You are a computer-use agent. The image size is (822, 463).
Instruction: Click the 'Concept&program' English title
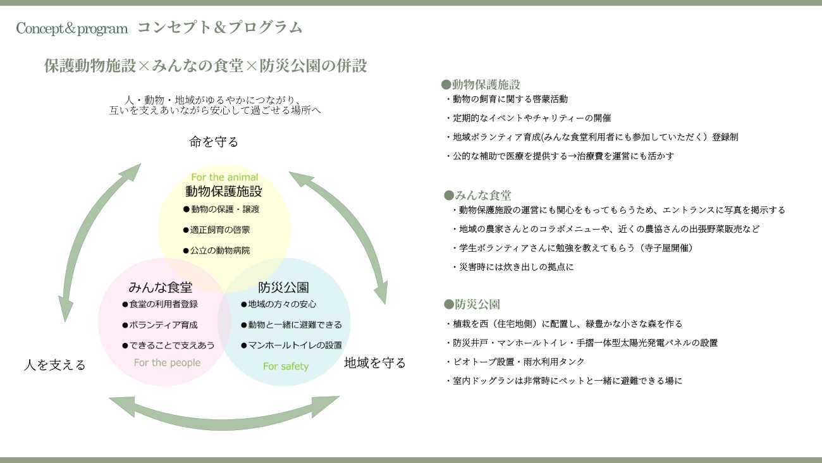(72, 28)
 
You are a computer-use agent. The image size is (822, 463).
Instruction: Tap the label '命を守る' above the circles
(214, 142)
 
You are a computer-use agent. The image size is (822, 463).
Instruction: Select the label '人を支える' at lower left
(54, 365)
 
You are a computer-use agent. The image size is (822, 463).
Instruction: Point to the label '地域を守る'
(375, 363)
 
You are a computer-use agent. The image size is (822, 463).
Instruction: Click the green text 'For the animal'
(224, 177)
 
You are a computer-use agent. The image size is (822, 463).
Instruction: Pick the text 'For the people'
(167, 362)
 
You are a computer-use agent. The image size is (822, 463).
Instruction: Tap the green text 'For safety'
(286, 366)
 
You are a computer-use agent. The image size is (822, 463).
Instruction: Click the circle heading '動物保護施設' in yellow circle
(224, 192)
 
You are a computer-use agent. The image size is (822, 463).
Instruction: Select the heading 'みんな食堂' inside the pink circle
(161, 288)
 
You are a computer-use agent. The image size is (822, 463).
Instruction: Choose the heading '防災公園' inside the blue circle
(284, 288)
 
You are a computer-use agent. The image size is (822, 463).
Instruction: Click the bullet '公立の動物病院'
(217, 250)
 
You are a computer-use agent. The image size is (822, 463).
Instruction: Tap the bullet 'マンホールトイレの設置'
(291, 345)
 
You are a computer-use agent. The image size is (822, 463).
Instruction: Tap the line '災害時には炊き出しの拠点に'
(513, 267)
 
